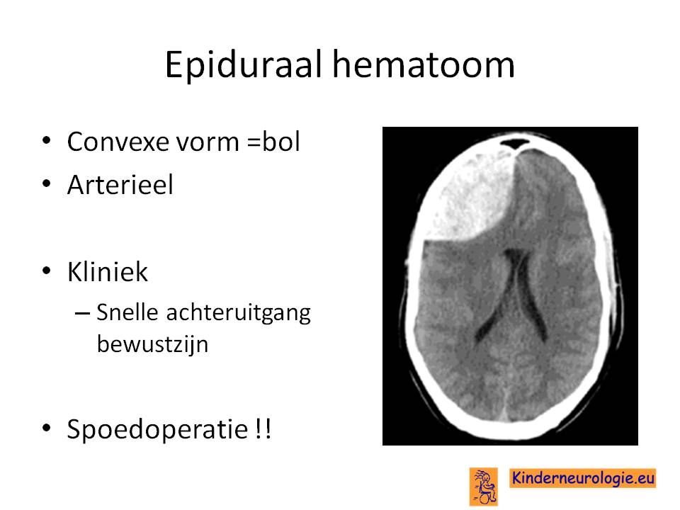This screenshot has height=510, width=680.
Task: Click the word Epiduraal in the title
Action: coord(243,65)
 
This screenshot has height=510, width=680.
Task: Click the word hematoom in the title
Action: coord(424,64)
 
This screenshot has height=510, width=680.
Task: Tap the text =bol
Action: coord(273,141)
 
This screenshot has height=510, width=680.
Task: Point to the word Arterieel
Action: coord(120,185)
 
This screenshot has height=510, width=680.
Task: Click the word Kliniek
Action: coord(108,272)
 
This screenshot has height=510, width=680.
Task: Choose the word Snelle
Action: coord(127,312)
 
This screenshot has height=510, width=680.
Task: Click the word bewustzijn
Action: coord(153,344)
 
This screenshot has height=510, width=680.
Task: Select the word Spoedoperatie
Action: coord(157,430)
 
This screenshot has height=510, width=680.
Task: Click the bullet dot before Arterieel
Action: coord(47,184)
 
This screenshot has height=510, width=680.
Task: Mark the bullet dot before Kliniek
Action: coord(47,271)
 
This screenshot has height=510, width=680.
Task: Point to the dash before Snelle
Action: coord(82,313)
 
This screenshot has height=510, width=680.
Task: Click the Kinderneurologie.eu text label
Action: coord(583,478)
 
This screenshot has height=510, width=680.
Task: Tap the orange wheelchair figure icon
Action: coord(484,487)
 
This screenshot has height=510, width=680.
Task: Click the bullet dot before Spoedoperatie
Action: coord(47,428)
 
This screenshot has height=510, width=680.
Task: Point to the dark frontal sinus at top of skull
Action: coord(515,143)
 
